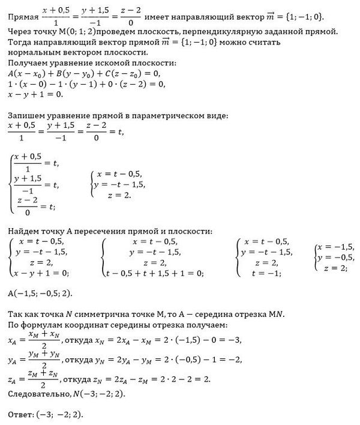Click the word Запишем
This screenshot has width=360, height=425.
(24, 115)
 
